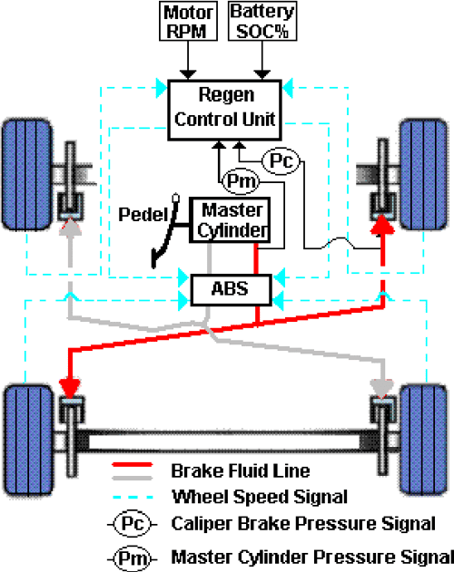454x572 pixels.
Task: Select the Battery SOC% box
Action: [263, 20]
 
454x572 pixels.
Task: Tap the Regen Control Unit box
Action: [224, 107]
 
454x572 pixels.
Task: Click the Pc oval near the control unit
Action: [280, 161]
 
